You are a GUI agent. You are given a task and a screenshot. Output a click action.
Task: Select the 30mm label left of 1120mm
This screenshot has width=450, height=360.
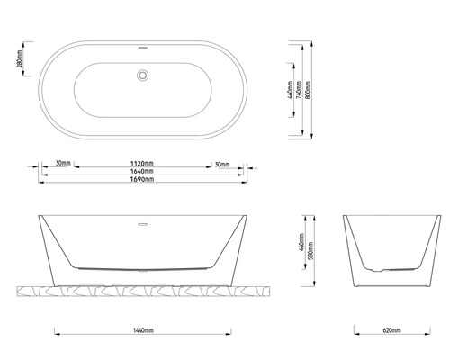pyautogui.click(x=63, y=164)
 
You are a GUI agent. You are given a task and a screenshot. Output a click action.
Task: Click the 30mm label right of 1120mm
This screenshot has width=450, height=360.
pyautogui.click(x=222, y=164)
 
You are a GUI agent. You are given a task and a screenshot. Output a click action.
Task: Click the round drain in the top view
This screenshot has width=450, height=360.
pyautogui.click(x=141, y=76)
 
